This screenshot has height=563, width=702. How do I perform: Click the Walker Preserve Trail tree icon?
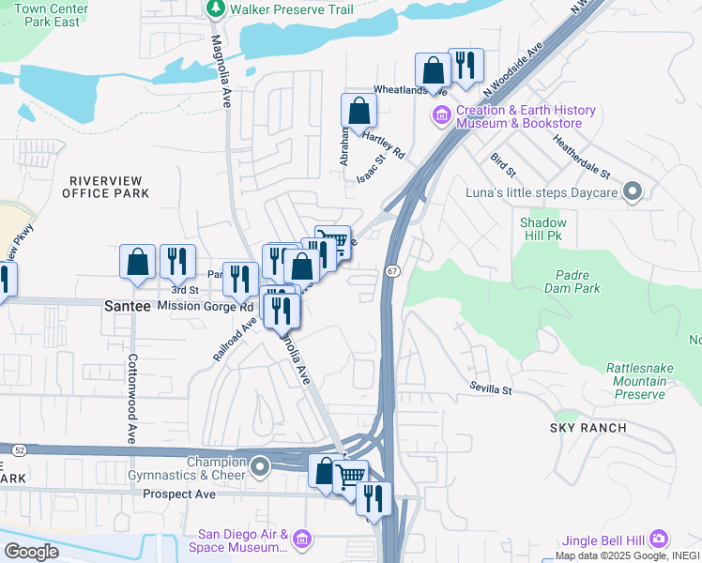[217, 9]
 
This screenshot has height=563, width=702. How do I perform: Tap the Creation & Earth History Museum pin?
[441, 116]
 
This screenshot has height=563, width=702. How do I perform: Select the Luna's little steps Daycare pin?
[633, 193]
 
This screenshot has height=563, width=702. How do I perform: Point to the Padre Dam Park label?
[572, 281]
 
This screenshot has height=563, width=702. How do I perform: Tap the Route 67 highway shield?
[392, 270]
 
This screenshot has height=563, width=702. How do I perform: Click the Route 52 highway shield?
[8, 451]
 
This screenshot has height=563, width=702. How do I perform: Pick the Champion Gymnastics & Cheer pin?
[261, 466]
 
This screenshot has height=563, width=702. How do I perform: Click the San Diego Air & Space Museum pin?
[302, 539]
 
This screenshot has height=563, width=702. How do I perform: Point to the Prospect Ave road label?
[181, 495]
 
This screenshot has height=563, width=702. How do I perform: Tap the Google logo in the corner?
[30, 551]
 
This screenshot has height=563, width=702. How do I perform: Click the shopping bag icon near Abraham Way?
[359, 111]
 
